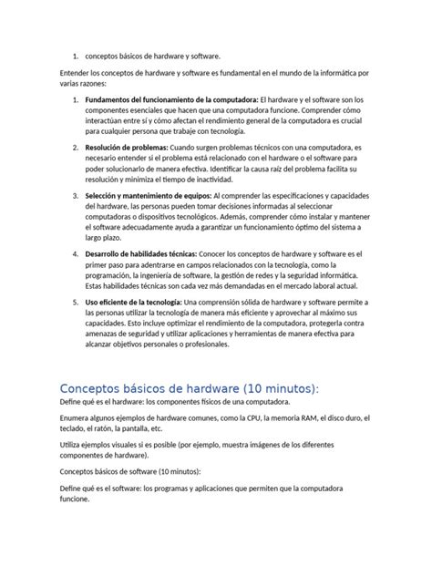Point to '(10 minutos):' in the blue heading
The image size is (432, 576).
pos(273,388)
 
